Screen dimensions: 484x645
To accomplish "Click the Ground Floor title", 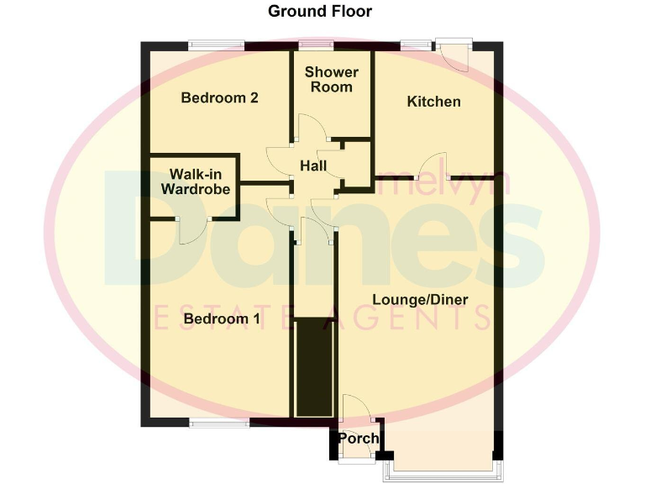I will tap(319, 11).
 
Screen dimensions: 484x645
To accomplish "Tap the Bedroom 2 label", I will tap(219, 97).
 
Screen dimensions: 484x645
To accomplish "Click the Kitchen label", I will tap(433, 102).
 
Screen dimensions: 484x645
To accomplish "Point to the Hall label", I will tap(313, 167).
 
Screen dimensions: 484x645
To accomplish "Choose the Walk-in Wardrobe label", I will tap(195, 181).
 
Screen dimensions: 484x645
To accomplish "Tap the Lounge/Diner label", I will tap(420, 300).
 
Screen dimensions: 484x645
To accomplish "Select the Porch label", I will tap(359, 439).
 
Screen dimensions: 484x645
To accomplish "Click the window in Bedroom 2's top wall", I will tap(216, 46).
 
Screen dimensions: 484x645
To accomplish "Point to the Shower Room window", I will tap(317, 46).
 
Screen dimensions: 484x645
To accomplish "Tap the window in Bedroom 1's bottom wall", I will tap(219, 423).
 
